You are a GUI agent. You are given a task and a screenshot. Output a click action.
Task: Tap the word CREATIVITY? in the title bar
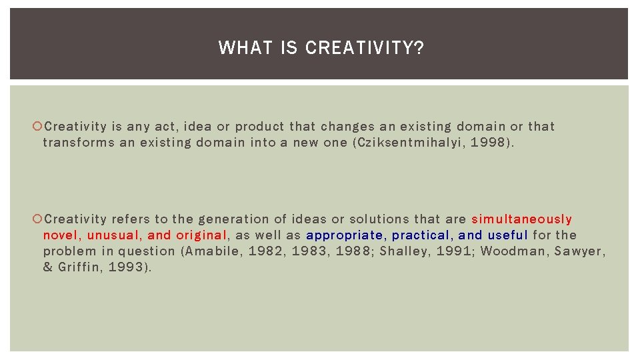363,48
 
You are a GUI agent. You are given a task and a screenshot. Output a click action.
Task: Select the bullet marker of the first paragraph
38,127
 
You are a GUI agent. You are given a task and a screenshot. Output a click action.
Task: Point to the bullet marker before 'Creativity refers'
38,219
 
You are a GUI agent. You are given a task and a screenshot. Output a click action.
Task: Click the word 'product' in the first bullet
260,126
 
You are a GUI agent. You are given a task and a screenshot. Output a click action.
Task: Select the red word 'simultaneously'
521,219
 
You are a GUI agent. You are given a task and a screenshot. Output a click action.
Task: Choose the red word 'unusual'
113,235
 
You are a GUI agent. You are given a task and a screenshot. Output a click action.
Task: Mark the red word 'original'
201,235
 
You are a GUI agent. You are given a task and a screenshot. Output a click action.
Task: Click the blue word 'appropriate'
344,235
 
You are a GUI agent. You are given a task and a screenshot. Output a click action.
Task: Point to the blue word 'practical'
421,235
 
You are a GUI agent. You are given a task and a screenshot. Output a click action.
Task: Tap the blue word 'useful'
507,235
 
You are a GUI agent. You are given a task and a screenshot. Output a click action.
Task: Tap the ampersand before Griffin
47,267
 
